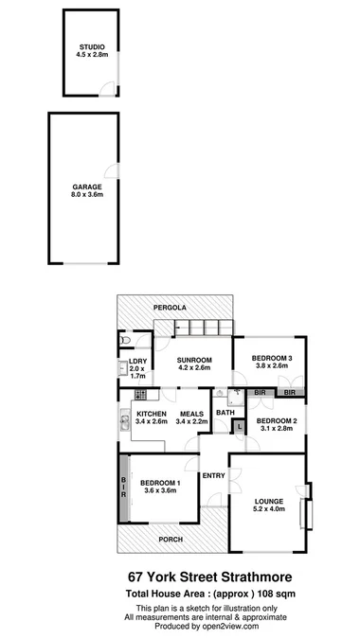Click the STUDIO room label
92,46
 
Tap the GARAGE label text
87,187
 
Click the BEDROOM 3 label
270,358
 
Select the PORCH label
171,540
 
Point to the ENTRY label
213,475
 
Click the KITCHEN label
152,414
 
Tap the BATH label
225,412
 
